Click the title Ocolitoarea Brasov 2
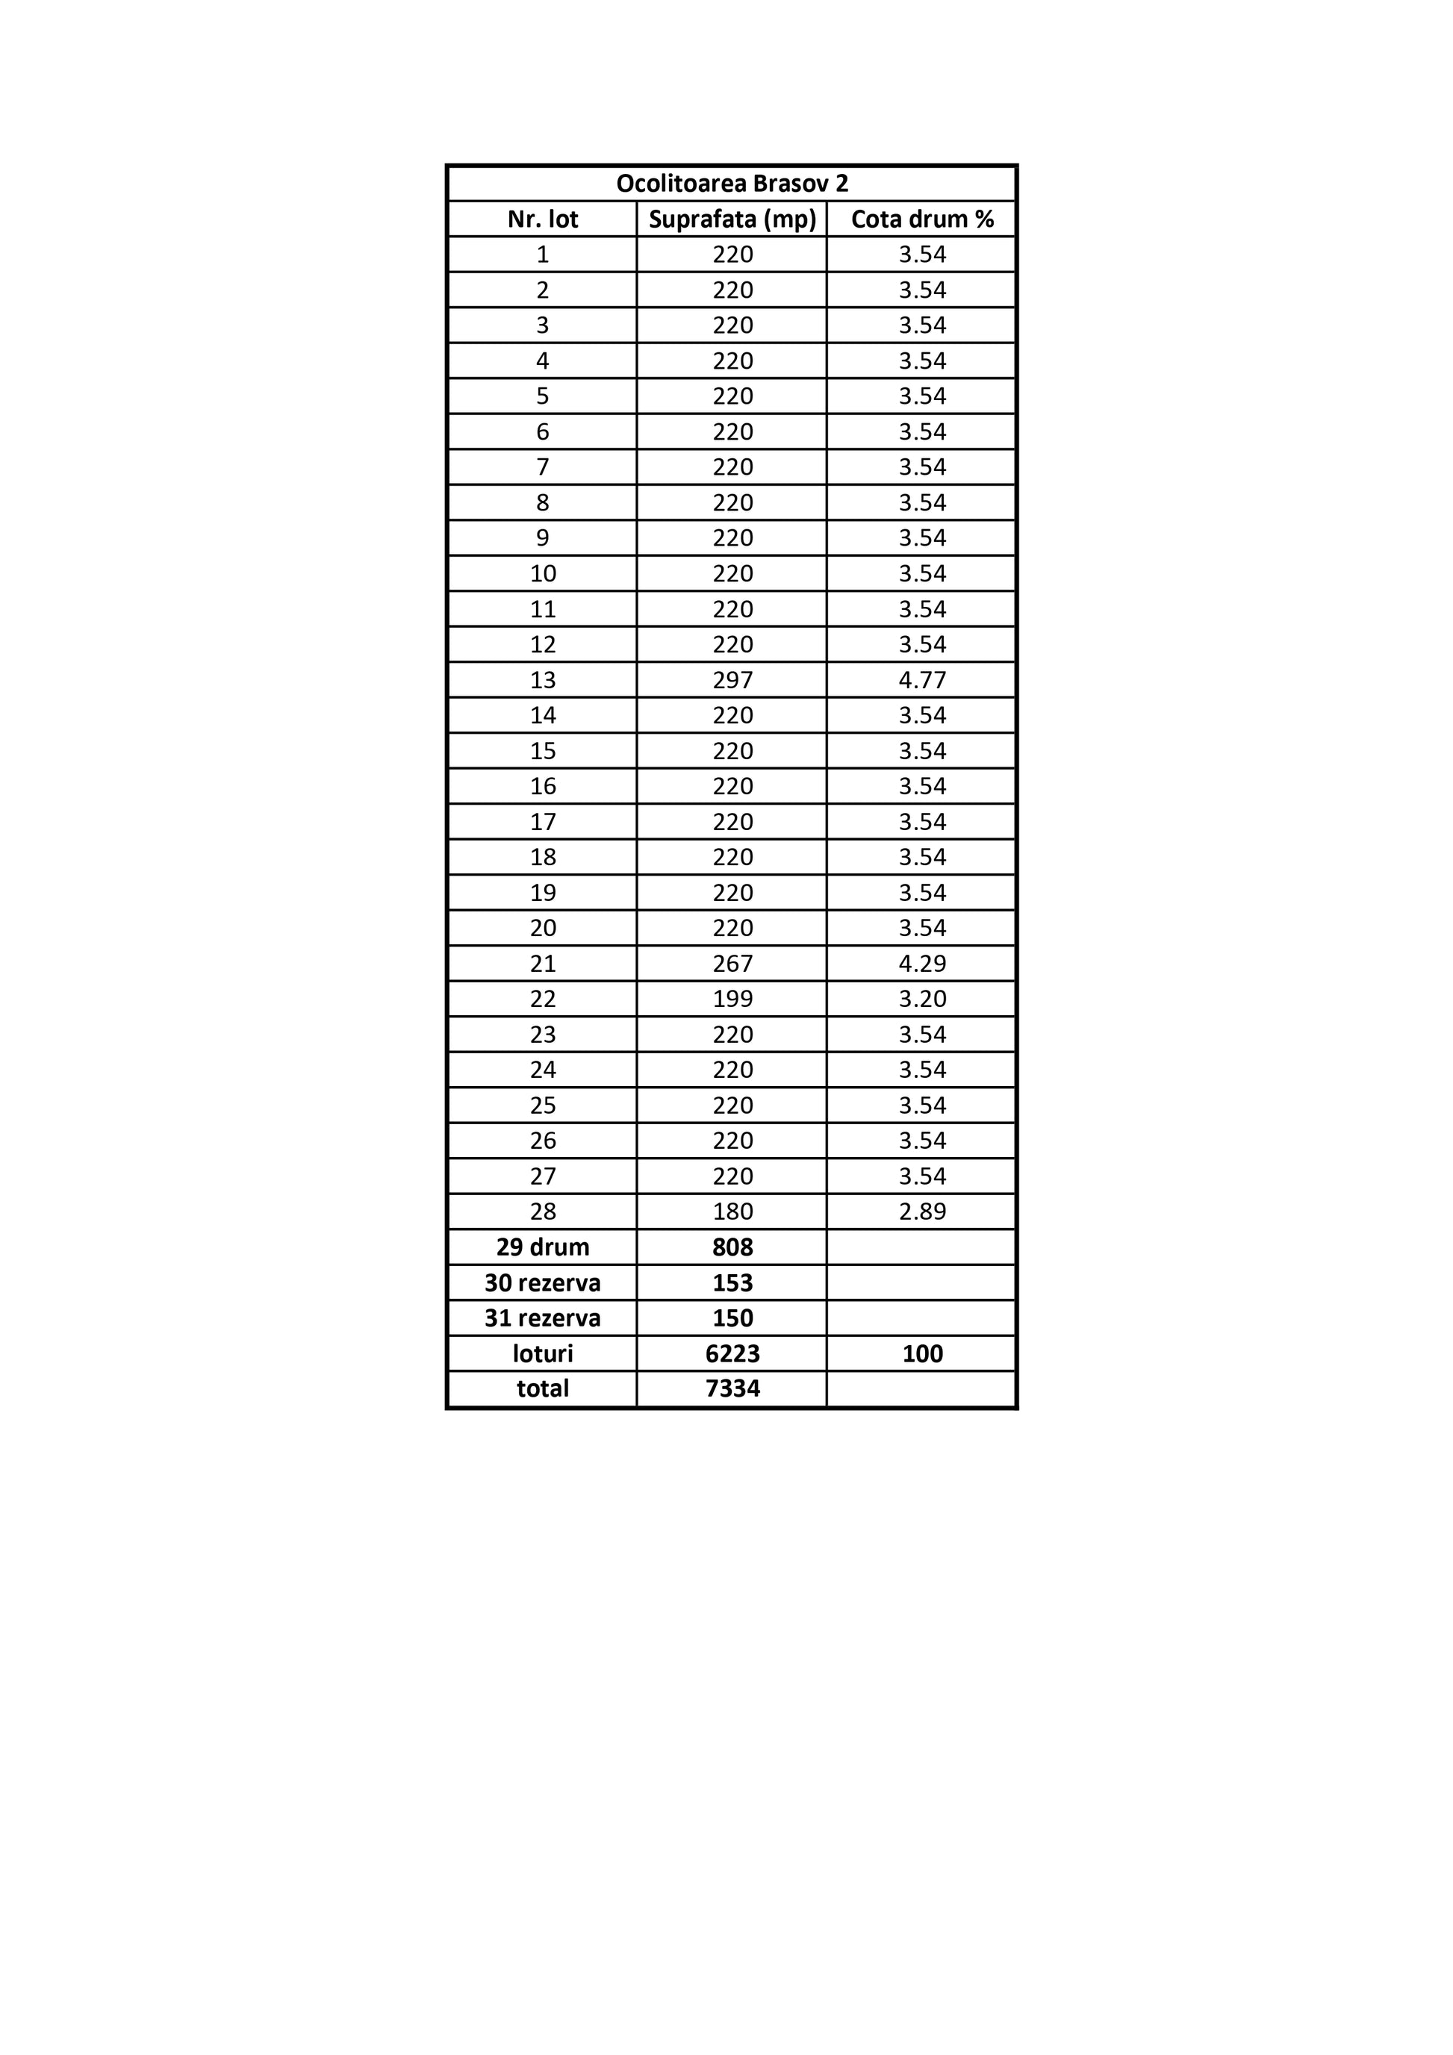pyautogui.click(x=732, y=184)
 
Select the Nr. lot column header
pyautogui.click(x=543, y=219)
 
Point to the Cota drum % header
pyautogui.click(x=922, y=219)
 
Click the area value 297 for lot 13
pyautogui.click(x=732, y=680)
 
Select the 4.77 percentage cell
pyautogui.click(x=922, y=680)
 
